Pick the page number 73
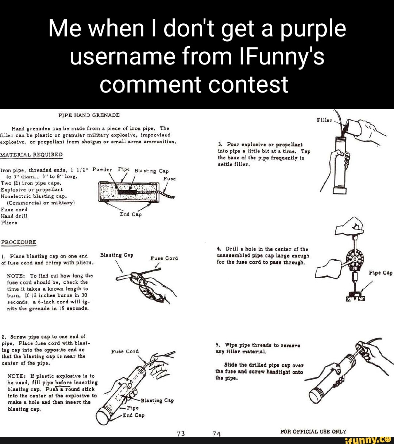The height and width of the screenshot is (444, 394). (181, 433)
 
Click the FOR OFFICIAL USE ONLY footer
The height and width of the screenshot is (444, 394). (313, 431)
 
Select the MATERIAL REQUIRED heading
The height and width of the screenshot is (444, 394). (31, 154)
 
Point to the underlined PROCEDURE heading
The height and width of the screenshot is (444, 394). (19, 242)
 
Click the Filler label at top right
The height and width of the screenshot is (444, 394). (324, 120)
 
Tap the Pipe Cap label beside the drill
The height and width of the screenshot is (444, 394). (381, 272)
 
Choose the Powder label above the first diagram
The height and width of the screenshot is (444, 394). (102, 169)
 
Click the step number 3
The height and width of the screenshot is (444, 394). (220, 144)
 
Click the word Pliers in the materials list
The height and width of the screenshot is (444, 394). (8, 222)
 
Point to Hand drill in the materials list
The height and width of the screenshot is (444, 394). (14, 216)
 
